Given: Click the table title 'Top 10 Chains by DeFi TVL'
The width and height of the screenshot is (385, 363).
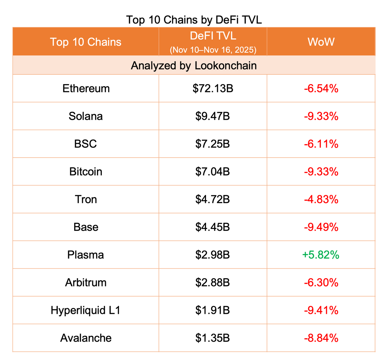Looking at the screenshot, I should pyautogui.click(x=194, y=20).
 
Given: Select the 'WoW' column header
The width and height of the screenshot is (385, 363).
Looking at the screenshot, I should pyautogui.click(x=321, y=42).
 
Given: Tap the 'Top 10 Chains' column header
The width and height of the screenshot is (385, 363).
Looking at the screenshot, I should pyautogui.click(x=86, y=42).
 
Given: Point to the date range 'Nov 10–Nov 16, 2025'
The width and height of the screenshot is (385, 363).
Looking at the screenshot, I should pyautogui.click(x=213, y=50).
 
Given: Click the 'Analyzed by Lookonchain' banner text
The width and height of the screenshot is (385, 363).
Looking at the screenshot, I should pyautogui.click(x=194, y=65).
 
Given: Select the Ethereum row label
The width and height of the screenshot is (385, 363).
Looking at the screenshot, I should pyautogui.click(x=86, y=88).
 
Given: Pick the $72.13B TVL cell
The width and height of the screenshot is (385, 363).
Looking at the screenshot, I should pyautogui.click(x=213, y=88).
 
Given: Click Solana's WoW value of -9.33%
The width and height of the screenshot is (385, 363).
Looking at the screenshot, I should pyautogui.click(x=321, y=116).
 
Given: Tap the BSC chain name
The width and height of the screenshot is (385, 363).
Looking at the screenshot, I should pyautogui.click(x=85, y=144).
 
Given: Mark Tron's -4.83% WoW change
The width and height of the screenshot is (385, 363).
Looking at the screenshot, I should pyautogui.click(x=321, y=199).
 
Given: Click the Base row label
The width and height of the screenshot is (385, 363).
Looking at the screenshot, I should pyautogui.click(x=86, y=227).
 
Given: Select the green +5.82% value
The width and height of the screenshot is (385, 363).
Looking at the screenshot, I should pyautogui.click(x=321, y=255).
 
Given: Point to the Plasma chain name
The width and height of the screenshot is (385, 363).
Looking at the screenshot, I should pyautogui.click(x=86, y=255).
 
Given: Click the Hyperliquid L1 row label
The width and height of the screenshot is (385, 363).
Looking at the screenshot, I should pyautogui.click(x=86, y=310).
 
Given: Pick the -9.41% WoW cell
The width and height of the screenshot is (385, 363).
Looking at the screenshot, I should pyautogui.click(x=321, y=310).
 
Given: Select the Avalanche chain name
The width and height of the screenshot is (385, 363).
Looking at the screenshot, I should pyautogui.click(x=86, y=338).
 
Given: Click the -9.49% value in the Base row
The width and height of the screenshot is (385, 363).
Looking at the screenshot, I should pyautogui.click(x=321, y=227).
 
